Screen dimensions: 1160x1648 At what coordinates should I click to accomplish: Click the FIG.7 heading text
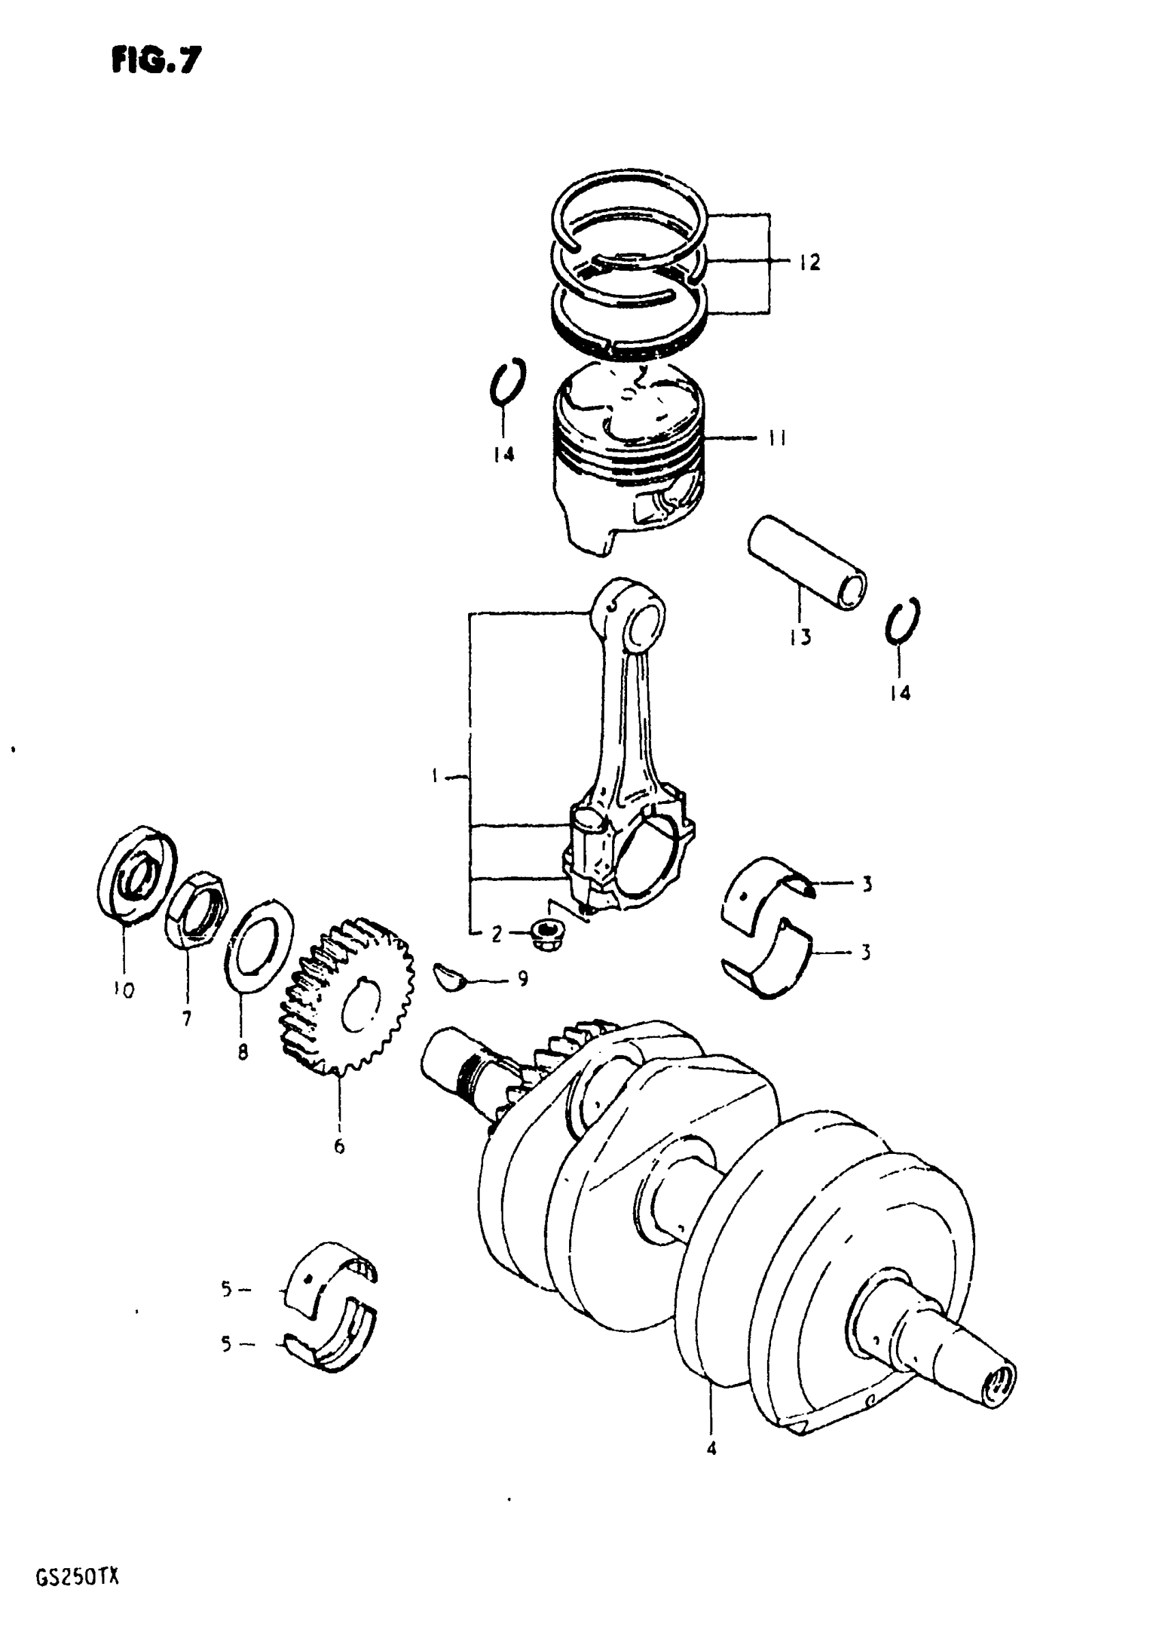(x=156, y=60)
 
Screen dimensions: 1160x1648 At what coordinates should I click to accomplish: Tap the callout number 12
(x=809, y=263)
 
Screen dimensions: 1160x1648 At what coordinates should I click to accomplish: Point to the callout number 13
(x=800, y=637)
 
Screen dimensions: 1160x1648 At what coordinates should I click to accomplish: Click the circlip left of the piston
(x=508, y=381)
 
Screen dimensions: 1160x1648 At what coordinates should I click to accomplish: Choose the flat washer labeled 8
(x=259, y=944)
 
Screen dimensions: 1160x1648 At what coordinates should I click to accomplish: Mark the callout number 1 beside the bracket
(x=436, y=775)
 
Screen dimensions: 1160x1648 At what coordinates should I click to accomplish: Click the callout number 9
(x=523, y=979)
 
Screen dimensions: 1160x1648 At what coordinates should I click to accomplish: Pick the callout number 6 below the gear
(x=339, y=1146)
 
